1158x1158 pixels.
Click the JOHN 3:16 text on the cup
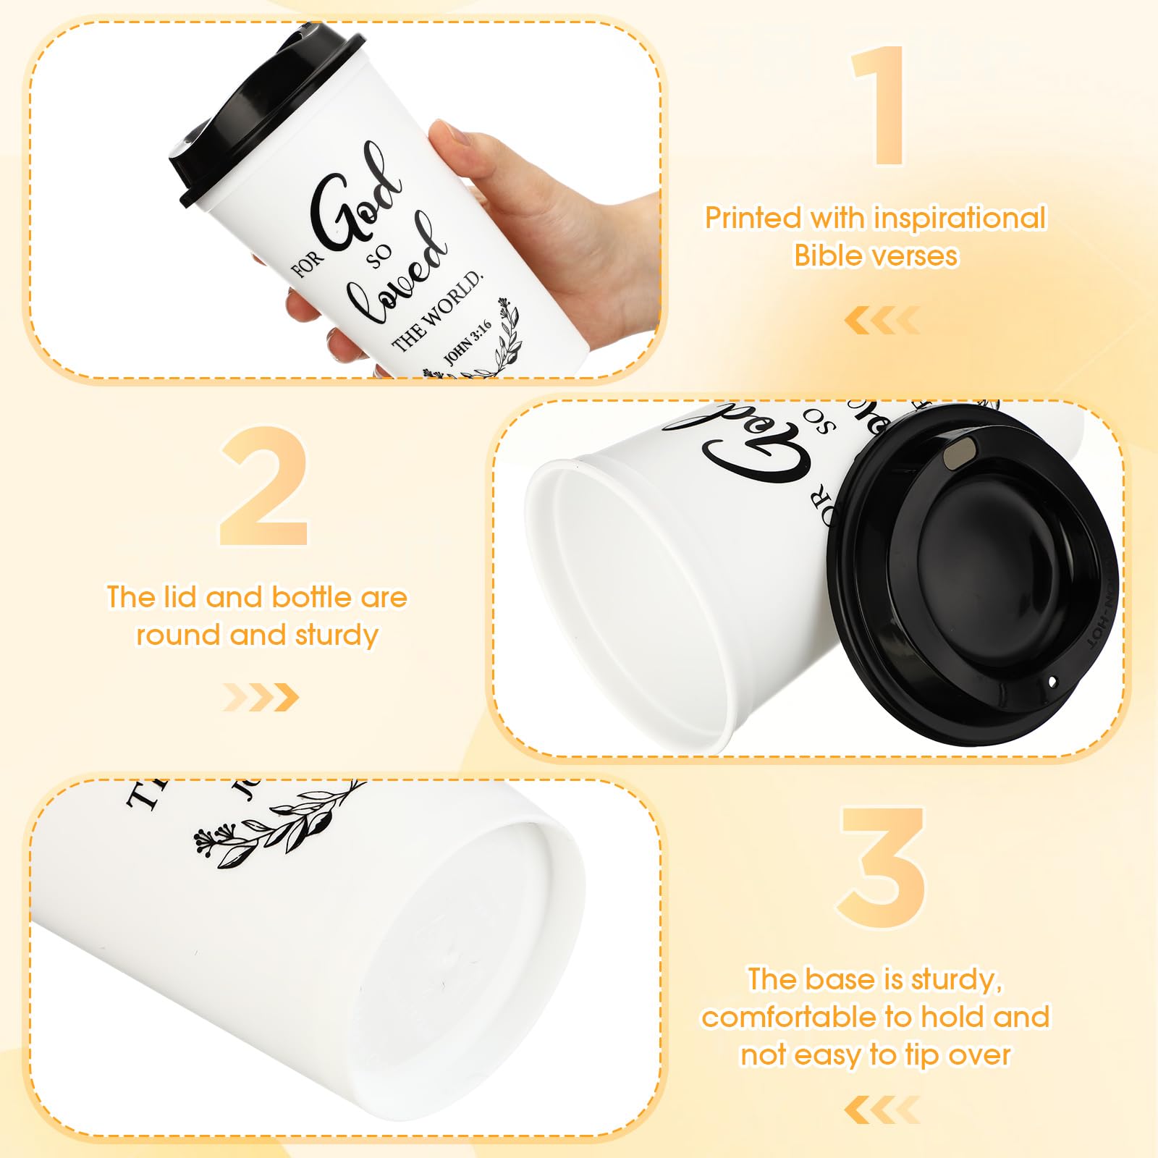pos(467,342)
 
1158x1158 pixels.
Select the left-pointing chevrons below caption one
pos(882,320)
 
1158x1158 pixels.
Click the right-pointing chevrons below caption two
pos(261,697)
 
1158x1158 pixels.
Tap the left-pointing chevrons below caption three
pos(882,1110)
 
